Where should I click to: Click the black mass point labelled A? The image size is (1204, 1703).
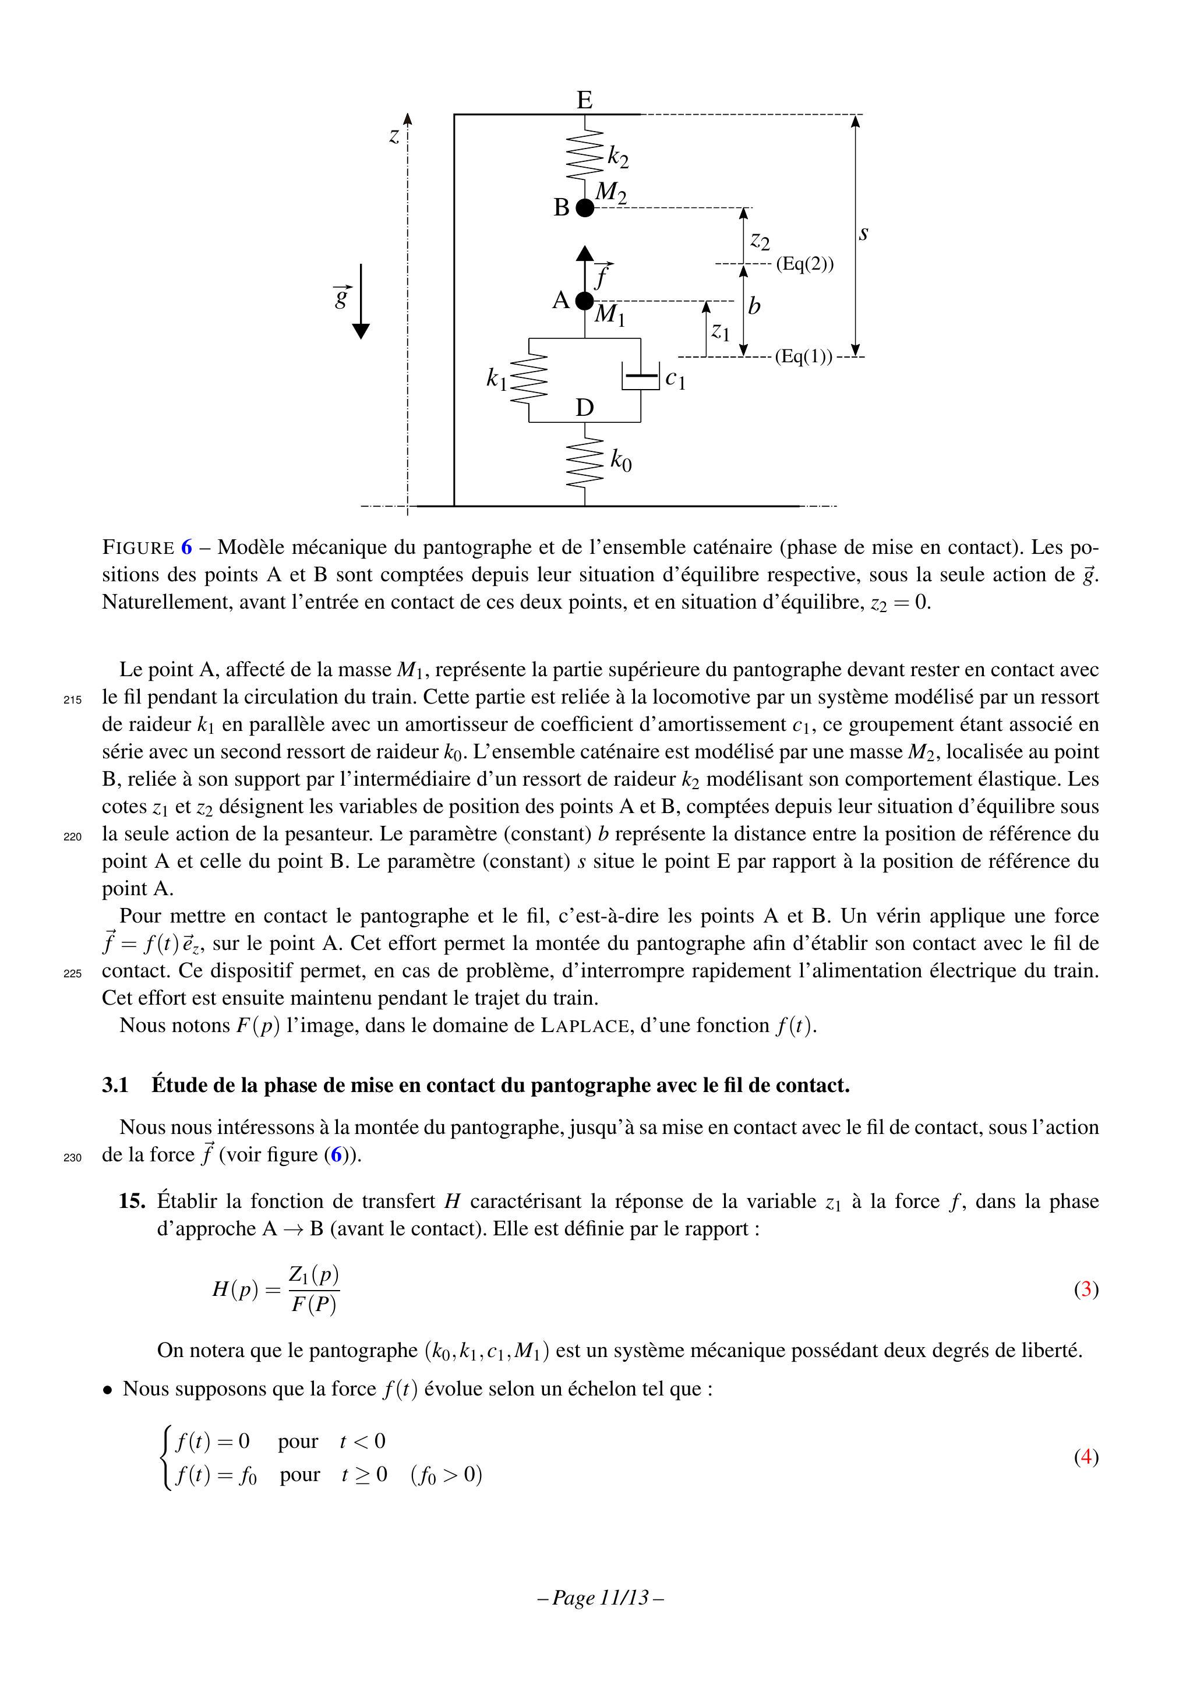(585, 301)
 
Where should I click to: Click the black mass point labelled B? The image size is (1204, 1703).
(585, 208)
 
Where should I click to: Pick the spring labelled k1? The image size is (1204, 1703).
(529, 380)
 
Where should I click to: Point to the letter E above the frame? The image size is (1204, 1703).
(585, 100)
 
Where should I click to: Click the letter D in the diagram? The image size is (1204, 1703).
(585, 407)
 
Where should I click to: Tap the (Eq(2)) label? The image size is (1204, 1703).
(805, 264)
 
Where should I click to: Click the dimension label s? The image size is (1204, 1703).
(863, 234)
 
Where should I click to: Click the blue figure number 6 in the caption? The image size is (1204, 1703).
(186, 547)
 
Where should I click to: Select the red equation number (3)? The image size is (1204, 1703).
(1086, 1288)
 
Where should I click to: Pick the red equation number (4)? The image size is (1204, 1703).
(1086, 1456)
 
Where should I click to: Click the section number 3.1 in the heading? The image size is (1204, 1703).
(115, 1085)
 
